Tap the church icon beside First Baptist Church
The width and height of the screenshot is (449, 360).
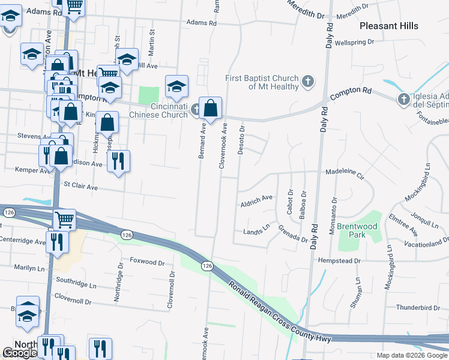pyautogui.click(x=307, y=81)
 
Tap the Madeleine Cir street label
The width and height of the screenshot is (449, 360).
pyautogui.click(x=345, y=174)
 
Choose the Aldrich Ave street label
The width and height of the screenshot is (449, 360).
pyautogui.click(x=256, y=198)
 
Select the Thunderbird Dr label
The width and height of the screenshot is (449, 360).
pyautogui.click(x=418, y=308)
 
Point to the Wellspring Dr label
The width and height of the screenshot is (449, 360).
pyautogui.click(x=354, y=43)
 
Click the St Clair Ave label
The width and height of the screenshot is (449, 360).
pyautogui.click(x=80, y=187)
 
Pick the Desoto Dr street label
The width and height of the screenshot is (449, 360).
pyautogui.click(x=241, y=140)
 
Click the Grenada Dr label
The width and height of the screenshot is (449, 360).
pyautogui.click(x=293, y=234)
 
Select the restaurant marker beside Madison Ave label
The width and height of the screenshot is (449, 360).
pyautogui.click(x=118, y=160)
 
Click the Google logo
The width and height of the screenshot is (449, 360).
pyautogui.click(x=20, y=353)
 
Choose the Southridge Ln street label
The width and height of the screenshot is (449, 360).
pyautogui.click(x=76, y=280)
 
